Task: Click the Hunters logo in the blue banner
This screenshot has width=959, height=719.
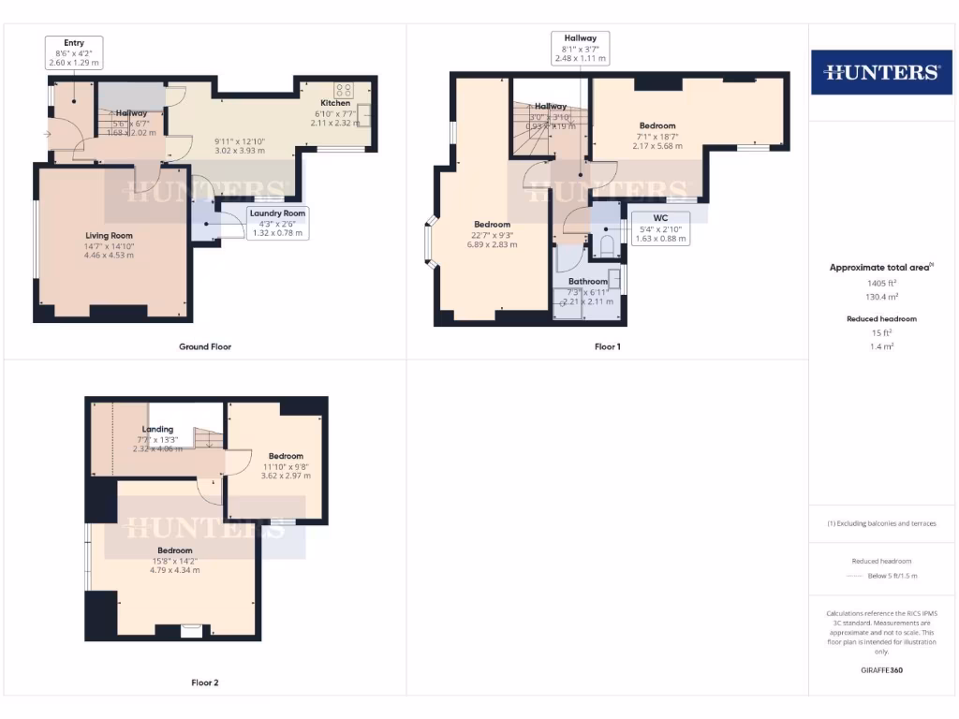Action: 881,72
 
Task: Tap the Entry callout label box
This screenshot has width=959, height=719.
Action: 74,52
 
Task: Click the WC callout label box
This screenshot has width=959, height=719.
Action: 660,227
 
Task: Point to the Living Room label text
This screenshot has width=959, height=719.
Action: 110,236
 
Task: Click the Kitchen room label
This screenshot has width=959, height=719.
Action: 335,103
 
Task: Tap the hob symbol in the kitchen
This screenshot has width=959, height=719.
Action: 343,91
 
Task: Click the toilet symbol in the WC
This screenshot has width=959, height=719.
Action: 606,246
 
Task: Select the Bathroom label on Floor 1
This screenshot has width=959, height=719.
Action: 587,281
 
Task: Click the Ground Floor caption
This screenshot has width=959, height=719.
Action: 205,346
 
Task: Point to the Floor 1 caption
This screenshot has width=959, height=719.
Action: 608,346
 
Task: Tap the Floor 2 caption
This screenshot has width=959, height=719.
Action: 205,682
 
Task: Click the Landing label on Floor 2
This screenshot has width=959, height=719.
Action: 157,430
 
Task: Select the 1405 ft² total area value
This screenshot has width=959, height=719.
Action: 880,282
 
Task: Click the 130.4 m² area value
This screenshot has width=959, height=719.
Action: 880,296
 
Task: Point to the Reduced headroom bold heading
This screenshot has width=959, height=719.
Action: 881,319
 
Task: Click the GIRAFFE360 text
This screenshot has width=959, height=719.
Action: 881,670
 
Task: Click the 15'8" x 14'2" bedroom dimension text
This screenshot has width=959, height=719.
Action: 175,561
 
